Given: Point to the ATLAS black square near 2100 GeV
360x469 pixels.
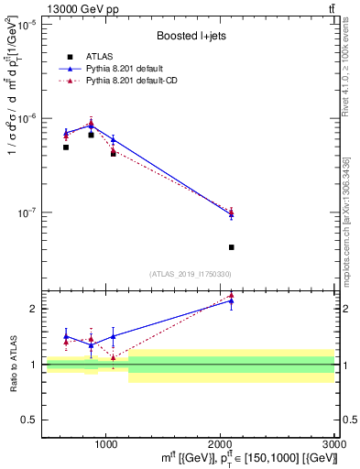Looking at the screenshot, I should coord(232,247).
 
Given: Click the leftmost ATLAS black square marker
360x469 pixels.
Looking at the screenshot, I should coord(66,147).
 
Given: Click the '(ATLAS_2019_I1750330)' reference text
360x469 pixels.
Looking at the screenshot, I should coord(190,274).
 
